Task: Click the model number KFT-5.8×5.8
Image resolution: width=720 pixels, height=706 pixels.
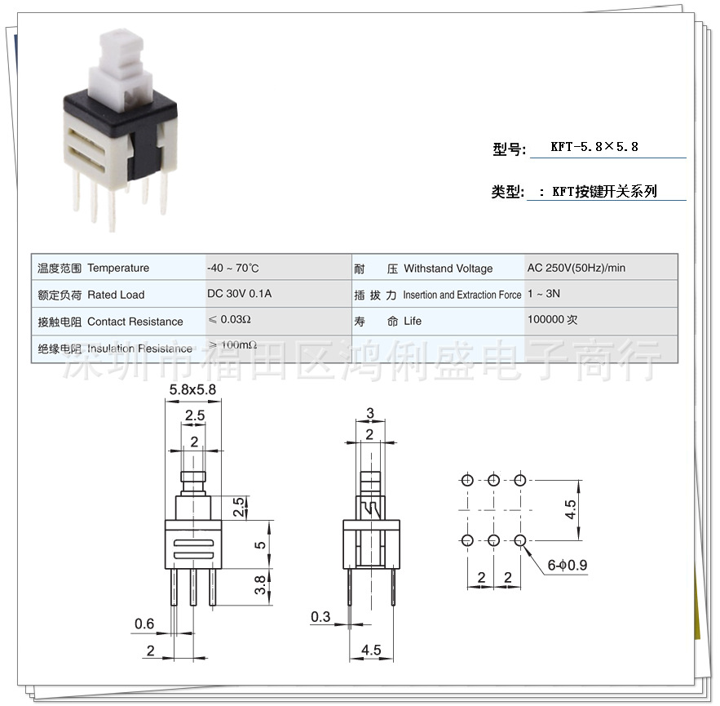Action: [594, 147]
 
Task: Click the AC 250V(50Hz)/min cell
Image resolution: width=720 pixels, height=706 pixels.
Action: [576, 268]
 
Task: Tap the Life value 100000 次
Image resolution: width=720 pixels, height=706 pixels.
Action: [552, 321]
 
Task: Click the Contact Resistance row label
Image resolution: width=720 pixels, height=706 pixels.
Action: [135, 322]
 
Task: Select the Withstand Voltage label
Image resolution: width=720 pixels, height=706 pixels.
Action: [448, 269]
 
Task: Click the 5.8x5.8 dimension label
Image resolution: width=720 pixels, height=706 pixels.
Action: [192, 390]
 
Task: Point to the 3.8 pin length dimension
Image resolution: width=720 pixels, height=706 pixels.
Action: [260, 584]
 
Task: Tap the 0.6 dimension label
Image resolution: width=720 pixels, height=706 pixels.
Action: [144, 624]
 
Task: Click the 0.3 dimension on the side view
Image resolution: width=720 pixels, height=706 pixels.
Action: [320, 616]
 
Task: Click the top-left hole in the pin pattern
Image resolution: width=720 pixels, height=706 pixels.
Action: [466, 480]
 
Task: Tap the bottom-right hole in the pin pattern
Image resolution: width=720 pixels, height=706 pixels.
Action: [520, 539]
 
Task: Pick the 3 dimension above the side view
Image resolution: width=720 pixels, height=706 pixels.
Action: [370, 412]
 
